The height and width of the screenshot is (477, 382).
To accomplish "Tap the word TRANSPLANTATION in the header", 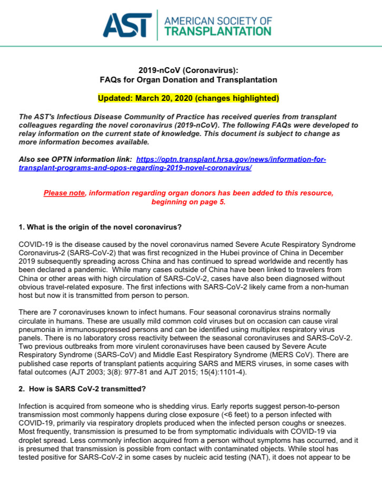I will pyautogui.click(x=218, y=31).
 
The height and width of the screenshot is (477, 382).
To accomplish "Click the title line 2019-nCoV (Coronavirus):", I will pyautogui.click(x=188, y=70).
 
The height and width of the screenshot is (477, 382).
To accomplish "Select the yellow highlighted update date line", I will pyautogui.click(x=188, y=98).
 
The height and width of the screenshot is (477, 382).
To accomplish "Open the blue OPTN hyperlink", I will pyautogui.click(x=231, y=159).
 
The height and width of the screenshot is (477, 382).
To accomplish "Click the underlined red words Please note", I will pyautogui.click(x=64, y=193).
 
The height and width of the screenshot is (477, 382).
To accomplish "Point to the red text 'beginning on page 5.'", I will pyautogui.click(x=188, y=202).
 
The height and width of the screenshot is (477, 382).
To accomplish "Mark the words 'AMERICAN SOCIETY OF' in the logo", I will pyautogui.click(x=218, y=20).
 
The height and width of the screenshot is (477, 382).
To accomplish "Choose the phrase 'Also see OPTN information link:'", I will pyautogui.click(x=75, y=159).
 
